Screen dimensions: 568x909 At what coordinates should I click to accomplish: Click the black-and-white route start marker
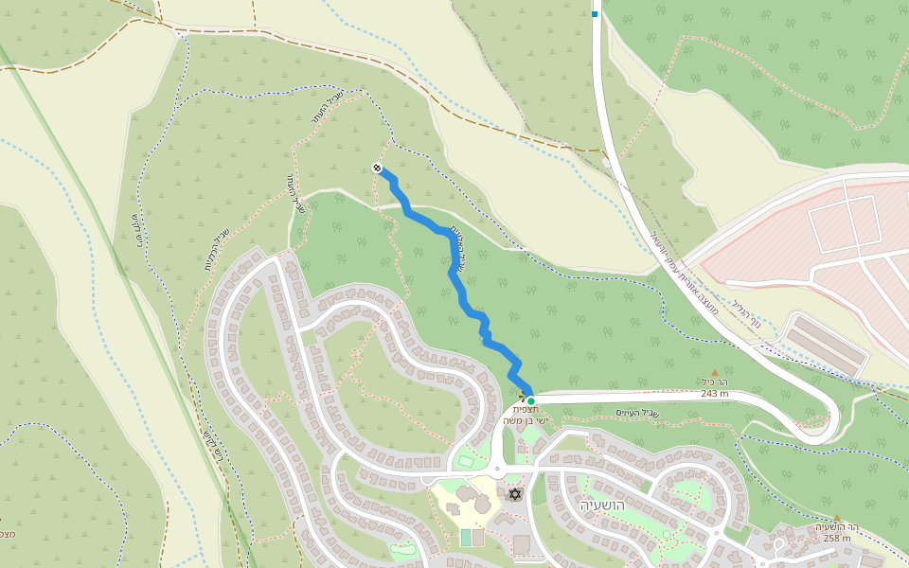377,169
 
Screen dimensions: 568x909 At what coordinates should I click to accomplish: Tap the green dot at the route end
531,401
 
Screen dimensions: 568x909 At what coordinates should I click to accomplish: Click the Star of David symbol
515,494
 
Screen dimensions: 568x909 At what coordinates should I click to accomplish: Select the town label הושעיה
602,506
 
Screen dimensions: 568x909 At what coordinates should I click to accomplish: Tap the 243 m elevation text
715,394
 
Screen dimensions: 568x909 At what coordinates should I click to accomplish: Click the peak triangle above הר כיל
715,372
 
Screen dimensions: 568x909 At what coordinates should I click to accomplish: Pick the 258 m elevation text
837,539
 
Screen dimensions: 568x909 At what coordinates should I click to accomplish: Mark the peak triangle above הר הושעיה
837,518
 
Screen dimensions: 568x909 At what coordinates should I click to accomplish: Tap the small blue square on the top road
595,13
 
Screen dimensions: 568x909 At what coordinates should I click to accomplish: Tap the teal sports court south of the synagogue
465,537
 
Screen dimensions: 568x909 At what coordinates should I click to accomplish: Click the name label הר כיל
715,382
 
